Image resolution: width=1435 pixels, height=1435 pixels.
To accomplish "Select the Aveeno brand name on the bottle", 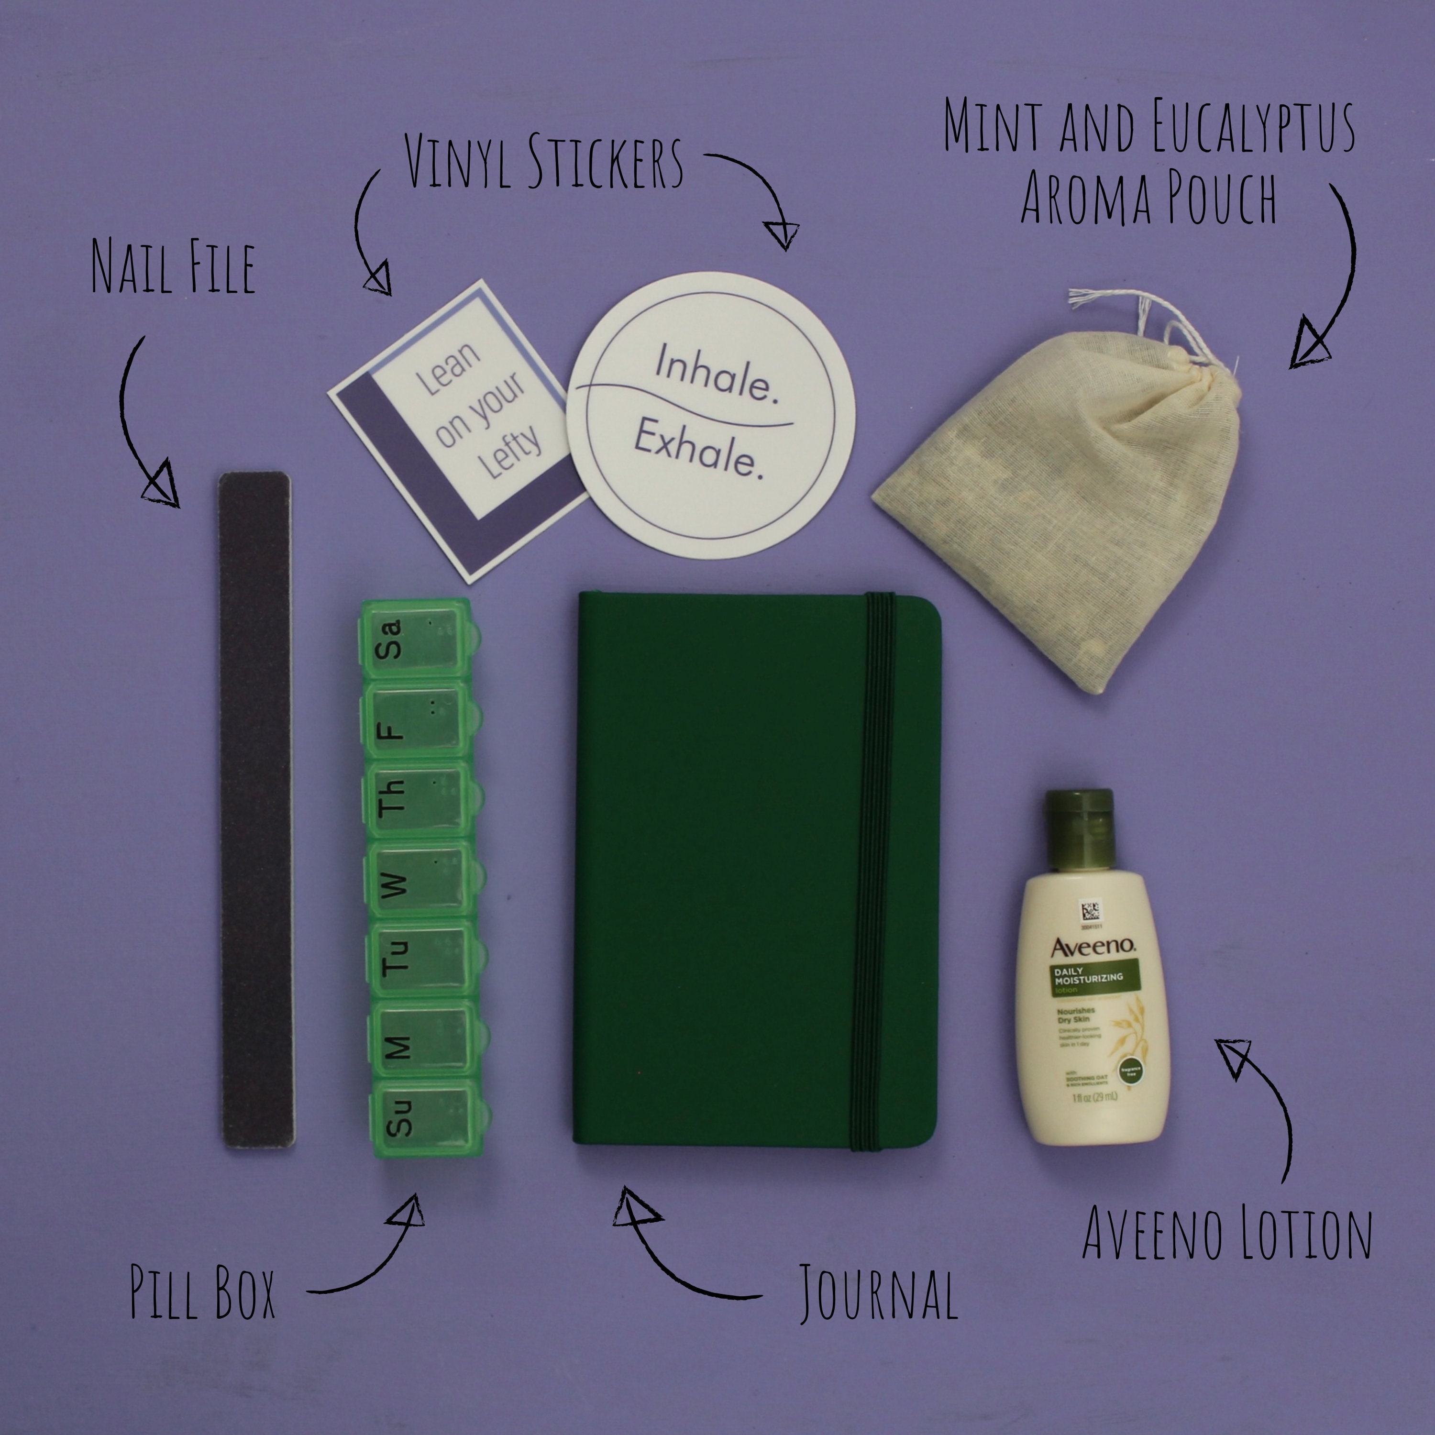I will pos(1092,947).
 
